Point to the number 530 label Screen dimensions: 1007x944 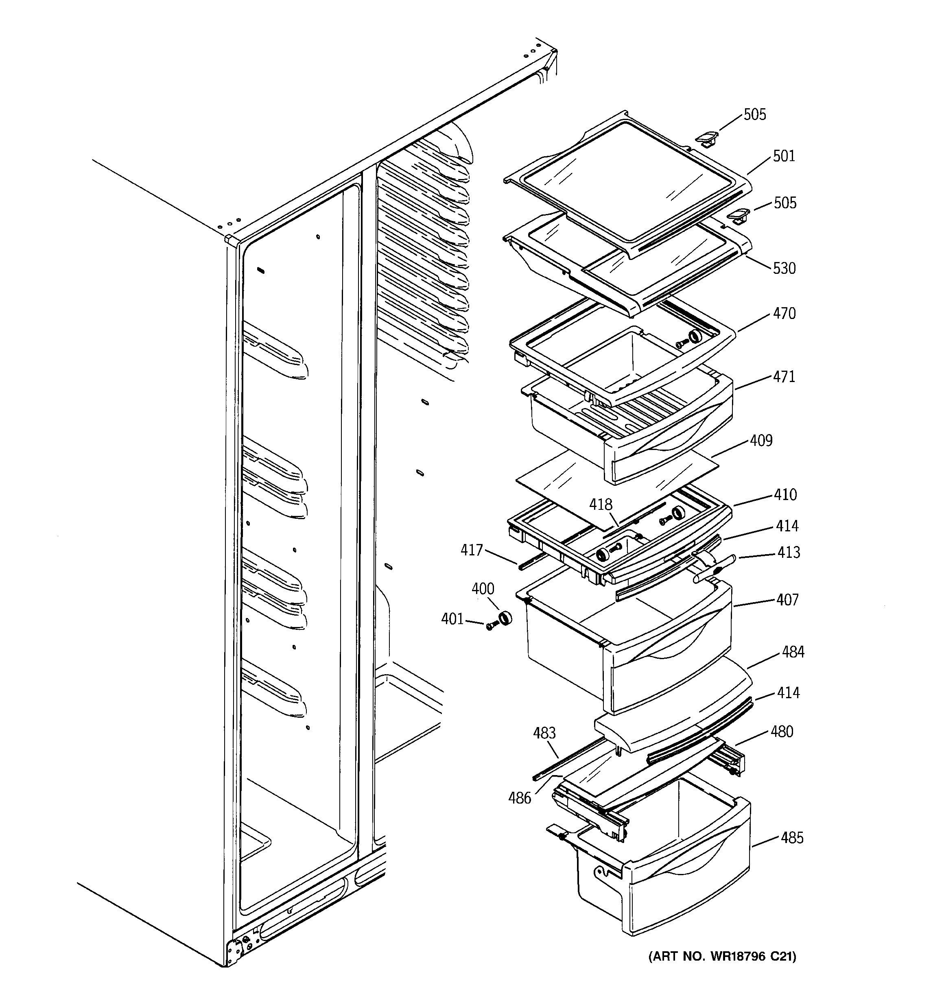[784, 268]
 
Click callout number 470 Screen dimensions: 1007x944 [784, 314]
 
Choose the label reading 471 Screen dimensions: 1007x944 [783, 376]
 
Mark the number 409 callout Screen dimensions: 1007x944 [761, 441]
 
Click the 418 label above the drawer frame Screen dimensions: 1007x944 [601, 505]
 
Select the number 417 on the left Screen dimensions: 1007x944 [471, 550]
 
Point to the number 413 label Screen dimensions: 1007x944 [789, 552]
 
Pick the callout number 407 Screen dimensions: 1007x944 [787, 600]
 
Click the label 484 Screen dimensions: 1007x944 [793, 652]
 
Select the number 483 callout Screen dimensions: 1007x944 [544, 733]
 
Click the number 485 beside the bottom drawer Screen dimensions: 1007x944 [792, 838]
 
